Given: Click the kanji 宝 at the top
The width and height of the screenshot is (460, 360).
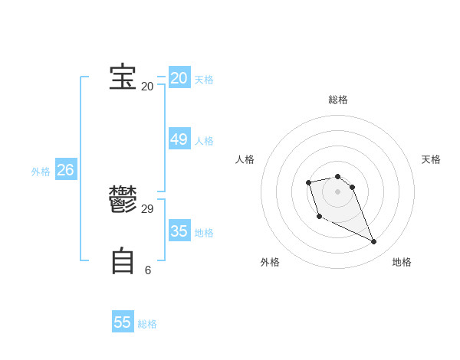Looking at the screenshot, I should pos(123,78).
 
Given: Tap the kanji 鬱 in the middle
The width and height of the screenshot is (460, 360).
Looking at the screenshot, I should pos(123,201).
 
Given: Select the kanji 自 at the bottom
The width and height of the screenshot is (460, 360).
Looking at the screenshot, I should pos(123,261).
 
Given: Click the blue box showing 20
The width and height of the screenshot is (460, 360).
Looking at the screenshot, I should pos(179,78).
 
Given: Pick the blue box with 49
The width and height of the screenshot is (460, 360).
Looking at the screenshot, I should pos(179,139).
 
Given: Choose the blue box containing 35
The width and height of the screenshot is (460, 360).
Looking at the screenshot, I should pos(179,231).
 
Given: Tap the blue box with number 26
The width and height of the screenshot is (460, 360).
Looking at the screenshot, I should pos(65,170).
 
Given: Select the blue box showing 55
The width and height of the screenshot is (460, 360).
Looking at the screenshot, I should pos(123,322).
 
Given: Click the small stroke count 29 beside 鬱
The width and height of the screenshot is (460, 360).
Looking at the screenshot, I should pos(148,208).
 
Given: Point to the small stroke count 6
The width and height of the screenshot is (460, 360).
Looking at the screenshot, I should pos(148,270).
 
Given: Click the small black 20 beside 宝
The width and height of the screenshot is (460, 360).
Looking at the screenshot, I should pos(148,86).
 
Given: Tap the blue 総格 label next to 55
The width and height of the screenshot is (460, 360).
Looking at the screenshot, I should pos(147,324).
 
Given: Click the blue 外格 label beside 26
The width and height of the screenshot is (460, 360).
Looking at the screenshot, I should pos(41,172).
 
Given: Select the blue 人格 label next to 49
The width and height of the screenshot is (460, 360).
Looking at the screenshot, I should pos(204,141).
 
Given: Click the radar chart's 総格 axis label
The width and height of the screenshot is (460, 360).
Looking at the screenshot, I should pos(338,100).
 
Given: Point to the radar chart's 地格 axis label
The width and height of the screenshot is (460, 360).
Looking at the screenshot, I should pos(402,262).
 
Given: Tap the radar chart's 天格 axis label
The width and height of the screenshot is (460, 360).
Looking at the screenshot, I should pos(431,159).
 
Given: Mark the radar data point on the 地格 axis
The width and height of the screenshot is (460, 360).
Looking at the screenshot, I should pos(374,242).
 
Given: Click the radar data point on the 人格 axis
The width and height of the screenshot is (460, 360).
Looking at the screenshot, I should pos(308,182).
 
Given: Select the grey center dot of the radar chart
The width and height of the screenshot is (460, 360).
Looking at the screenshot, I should pos(338,191).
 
